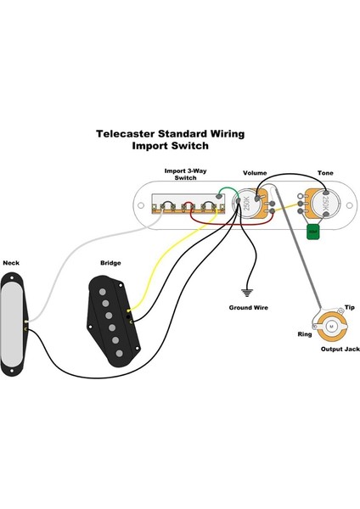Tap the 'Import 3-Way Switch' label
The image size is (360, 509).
(184, 175)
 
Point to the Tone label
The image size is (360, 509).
(324, 171)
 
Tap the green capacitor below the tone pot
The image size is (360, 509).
(312, 231)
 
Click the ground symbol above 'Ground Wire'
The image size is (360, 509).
(248, 288)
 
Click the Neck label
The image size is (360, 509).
(11, 263)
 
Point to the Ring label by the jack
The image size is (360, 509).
(304, 333)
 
